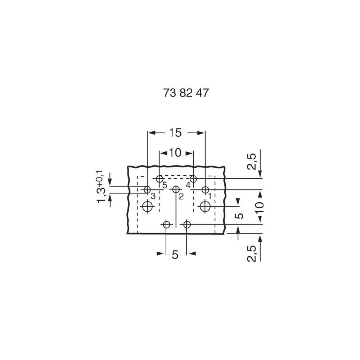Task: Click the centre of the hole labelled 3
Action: [147, 190]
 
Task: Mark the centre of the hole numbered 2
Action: [176, 189]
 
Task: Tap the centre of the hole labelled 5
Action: [159, 179]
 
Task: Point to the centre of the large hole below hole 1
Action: [205, 206]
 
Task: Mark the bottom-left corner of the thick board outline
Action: [127, 234]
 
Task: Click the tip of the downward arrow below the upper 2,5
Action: [260, 177]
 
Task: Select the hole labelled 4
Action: [193, 179]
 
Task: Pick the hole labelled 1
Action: [205, 190]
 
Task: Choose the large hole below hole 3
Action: [147, 206]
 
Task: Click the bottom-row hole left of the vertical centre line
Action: [166, 224]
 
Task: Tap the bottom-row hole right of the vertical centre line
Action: [187, 224]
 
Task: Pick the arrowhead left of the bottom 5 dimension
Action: [160, 253]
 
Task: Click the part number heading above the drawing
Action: [186, 93]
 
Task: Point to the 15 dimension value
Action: [175, 133]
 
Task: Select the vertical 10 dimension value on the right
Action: [260, 208]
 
